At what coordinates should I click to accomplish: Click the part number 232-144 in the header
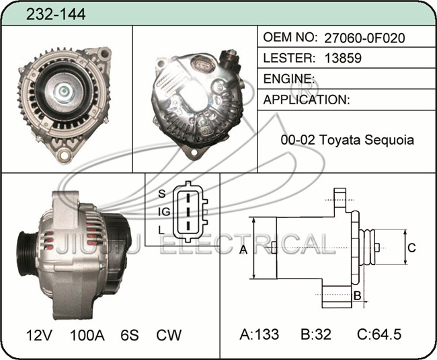56,14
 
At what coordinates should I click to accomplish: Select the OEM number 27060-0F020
364,38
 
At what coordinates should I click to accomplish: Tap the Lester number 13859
343,58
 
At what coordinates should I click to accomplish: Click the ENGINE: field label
289,79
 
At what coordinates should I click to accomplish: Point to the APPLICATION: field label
307,100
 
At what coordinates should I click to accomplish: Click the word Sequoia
389,140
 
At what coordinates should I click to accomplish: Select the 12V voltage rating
39,335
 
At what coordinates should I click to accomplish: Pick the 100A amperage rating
87,335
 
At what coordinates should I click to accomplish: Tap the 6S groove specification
130,335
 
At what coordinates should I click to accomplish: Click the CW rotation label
169,335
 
